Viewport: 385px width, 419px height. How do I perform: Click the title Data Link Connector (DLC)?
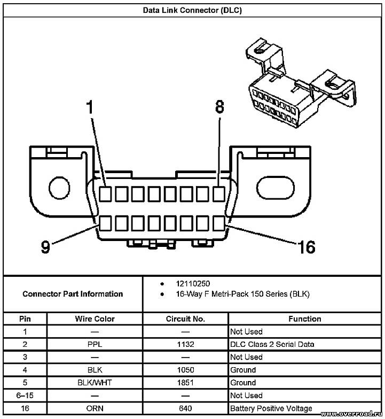click(x=192, y=11)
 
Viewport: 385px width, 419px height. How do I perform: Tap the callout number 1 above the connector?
click(x=90, y=107)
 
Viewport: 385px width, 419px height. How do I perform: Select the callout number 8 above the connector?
click(x=219, y=107)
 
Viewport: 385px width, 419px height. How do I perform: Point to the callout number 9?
click(x=45, y=246)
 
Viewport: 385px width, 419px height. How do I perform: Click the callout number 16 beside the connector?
click(x=307, y=247)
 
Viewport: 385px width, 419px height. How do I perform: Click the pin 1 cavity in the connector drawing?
click(x=105, y=193)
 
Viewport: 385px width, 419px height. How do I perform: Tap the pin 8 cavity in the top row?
click(x=219, y=193)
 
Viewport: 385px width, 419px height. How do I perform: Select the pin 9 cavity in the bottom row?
click(x=105, y=223)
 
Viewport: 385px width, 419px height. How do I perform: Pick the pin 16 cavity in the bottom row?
click(x=219, y=223)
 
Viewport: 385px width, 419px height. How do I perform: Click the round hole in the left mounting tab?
click(x=59, y=188)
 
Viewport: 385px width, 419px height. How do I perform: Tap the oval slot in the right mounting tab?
click(x=276, y=188)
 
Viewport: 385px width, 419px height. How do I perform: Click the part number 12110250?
click(x=193, y=283)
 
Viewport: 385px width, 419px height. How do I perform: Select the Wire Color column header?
click(x=95, y=319)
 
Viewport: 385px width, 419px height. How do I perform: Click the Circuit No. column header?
click(x=185, y=319)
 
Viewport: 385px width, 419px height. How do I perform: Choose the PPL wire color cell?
click(x=95, y=344)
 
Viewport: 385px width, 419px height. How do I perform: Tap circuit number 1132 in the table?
click(x=186, y=344)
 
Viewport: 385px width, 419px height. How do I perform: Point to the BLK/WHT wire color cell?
click(x=95, y=383)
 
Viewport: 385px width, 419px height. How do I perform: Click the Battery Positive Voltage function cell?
click(x=271, y=408)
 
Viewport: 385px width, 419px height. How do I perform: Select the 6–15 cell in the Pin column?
click(x=25, y=395)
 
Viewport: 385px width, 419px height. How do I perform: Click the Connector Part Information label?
click(x=73, y=294)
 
